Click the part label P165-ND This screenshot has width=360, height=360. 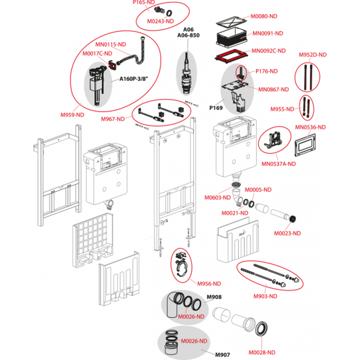pyautogui.click(x=143, y=3)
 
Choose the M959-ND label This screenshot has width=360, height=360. pyautogui.click(x=73, y=114)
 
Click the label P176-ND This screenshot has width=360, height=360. pyautogui.click(x=267, y=71)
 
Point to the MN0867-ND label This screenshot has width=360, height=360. pyautogui.click(x=274, y=89)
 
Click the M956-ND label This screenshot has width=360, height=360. pyautogui.click(x=209, y=283)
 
